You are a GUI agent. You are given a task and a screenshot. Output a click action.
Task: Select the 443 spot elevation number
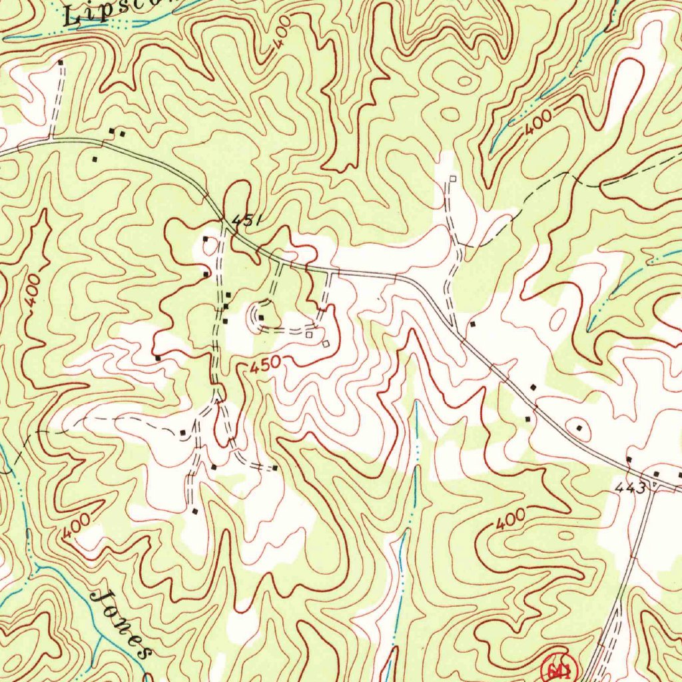click(x=630, y=488)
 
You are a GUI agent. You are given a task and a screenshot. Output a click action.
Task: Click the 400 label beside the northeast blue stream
click(x=537, y=125)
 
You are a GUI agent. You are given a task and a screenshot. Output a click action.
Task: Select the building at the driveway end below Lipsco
click(x=61, y=62)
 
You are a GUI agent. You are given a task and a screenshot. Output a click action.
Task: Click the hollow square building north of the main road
click(x=452, y=178)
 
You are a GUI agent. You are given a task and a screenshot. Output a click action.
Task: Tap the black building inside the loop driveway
click(x=262, y=317)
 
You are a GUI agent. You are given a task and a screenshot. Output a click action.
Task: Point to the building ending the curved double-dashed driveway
click(x=275, y=468)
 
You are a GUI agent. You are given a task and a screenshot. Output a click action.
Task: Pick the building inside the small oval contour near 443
click(x=579, y=428)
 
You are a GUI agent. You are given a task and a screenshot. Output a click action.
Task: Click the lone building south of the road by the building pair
click(x=95, y=159)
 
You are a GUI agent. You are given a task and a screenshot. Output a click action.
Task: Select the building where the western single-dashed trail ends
click(x=183, y=433)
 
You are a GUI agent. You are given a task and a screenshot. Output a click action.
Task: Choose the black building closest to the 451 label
click(x=205, y=239)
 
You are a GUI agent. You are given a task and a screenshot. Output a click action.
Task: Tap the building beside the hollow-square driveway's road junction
click(x=472, y=324)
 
